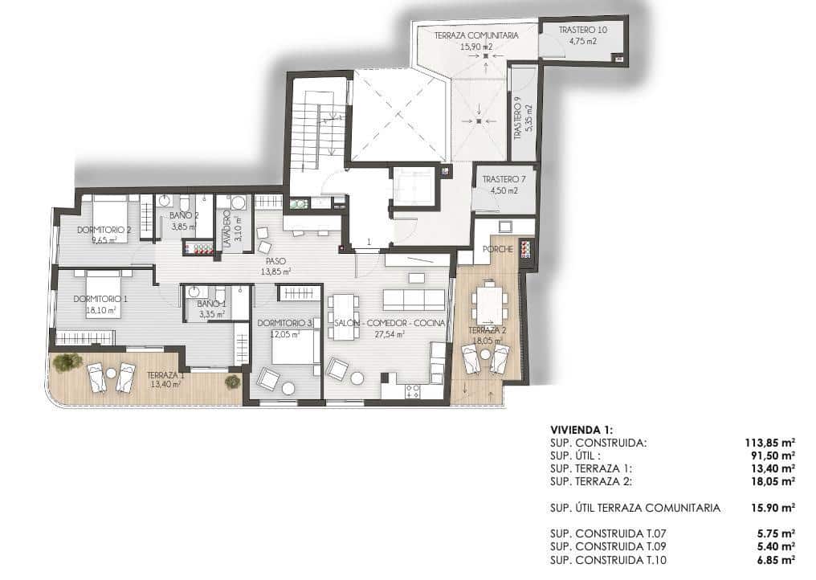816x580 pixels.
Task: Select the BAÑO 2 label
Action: coord(183,215)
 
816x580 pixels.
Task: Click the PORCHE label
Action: coord(498,249)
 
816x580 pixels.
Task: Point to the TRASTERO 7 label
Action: coord(504,179)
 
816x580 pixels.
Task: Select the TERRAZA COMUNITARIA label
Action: coord(475,36)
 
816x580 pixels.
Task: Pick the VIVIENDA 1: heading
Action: coord(581,430)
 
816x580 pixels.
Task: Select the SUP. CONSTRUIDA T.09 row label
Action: coord(609,546)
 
